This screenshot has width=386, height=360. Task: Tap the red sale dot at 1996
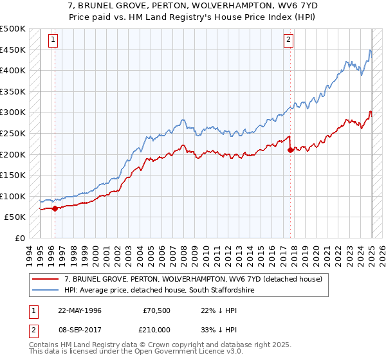click(55, 208)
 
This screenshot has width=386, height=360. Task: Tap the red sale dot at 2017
click(290, 150)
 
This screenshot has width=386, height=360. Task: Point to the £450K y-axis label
click(13, 50)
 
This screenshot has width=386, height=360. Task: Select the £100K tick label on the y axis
click(13, 196)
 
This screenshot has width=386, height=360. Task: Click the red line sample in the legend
click(46, 279)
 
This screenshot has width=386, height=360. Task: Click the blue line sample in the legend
click(46, 291)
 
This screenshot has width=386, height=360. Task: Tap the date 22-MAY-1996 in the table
click(80, 310)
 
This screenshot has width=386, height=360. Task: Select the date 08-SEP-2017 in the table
click(80, 329)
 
